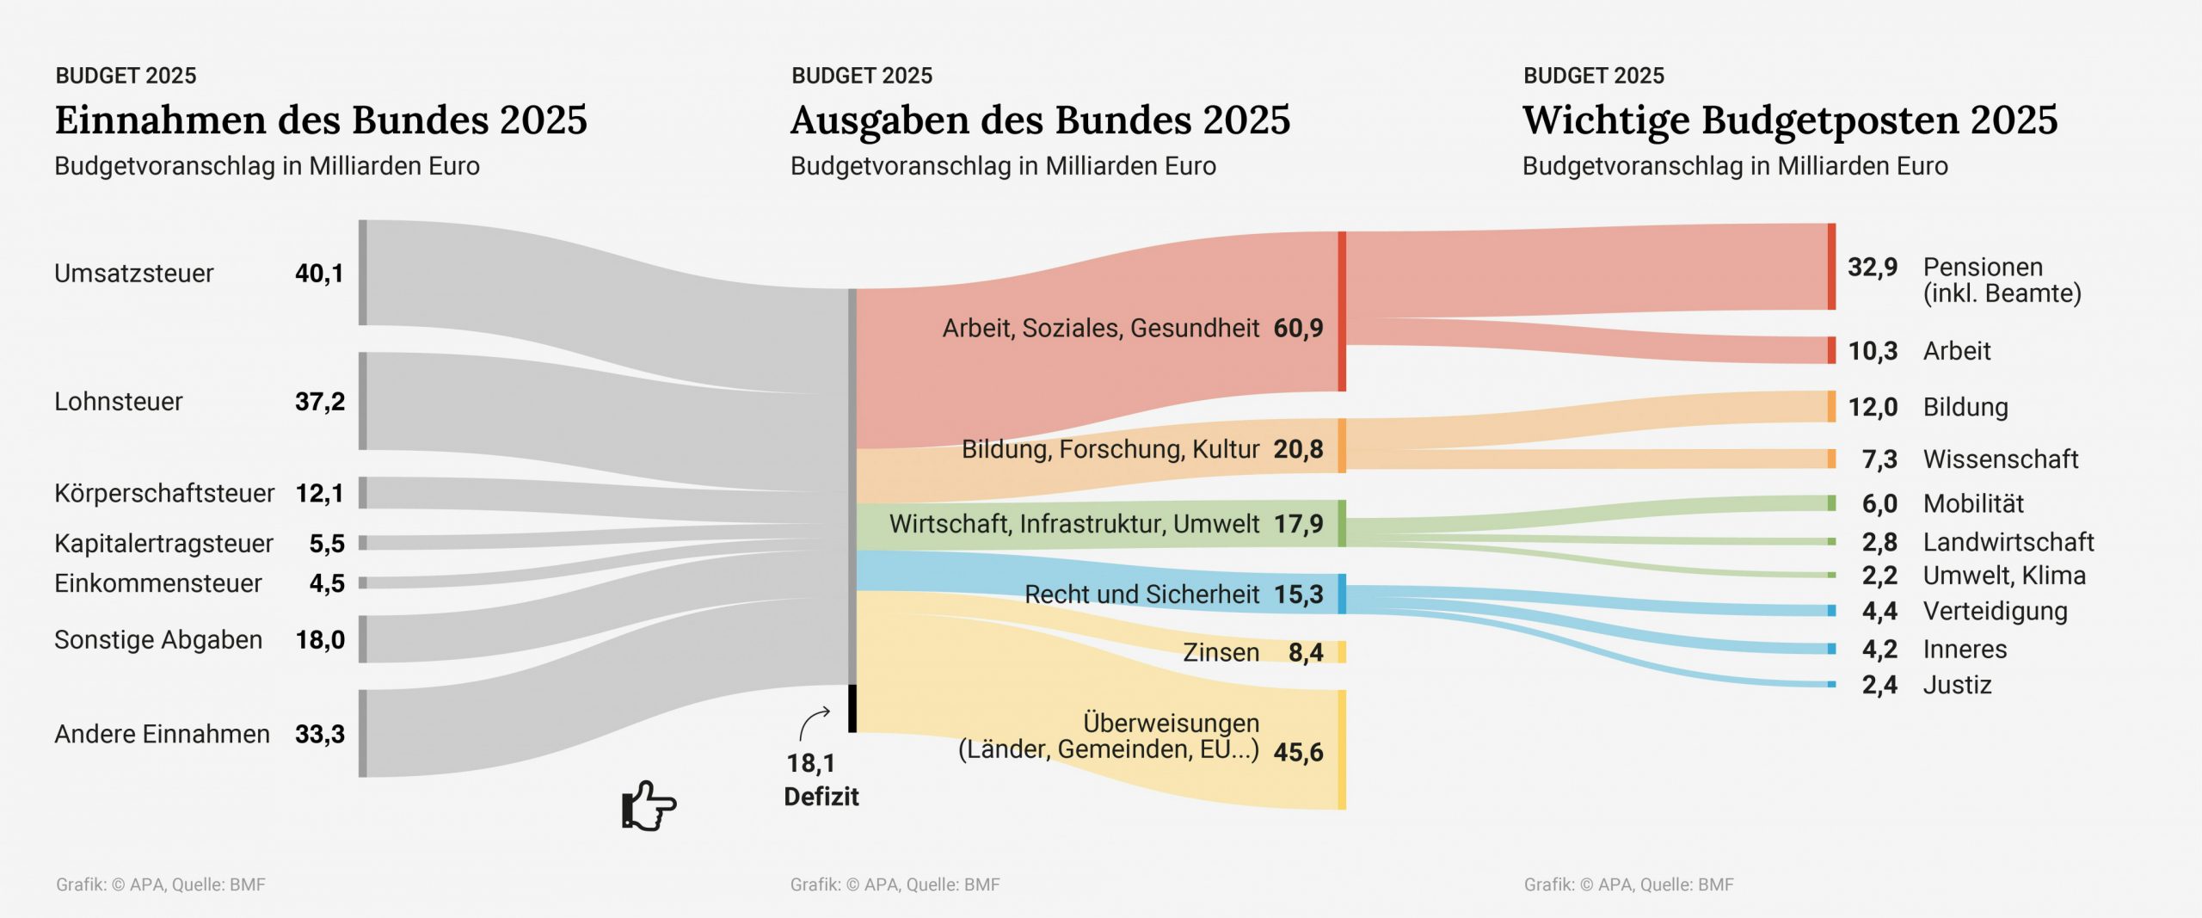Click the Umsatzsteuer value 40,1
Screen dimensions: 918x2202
coord(319,274)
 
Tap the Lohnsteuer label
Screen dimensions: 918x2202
coord(119,402)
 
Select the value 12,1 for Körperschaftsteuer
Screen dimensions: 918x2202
coord(320,494)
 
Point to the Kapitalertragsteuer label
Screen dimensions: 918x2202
coord(163,544)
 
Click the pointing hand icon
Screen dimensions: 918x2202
coord(649,806)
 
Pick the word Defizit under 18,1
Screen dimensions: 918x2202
coord(821,797)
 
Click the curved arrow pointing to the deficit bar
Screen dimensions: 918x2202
coord(814,723)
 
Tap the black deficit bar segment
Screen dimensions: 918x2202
coord(852,708)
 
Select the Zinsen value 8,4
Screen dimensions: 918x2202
coord(1306,653)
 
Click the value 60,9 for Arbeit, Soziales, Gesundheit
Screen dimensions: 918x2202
coord(1298,329)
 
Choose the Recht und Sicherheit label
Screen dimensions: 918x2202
coord(1141,595)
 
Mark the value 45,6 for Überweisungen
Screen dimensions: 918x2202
coord(1298,753)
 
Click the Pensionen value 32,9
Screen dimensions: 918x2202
coord(1873,268)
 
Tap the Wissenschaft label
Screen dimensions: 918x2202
coord(2001,459)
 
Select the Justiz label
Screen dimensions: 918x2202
coord(1957,685)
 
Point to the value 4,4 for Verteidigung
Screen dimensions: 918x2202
coord(1879,612)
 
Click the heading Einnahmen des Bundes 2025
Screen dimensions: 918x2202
coord(321,120)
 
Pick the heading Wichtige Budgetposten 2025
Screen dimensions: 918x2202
coord(1790,120)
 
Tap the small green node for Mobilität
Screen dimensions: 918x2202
coord(1831,503)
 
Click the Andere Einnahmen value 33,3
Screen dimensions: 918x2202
coord(320,735)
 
